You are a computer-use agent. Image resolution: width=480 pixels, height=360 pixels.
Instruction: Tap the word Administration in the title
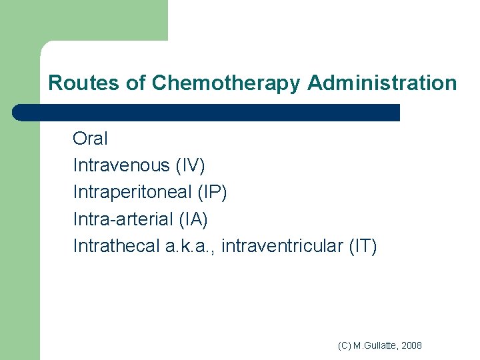382,83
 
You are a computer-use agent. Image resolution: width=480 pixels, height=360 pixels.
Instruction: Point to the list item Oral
90,139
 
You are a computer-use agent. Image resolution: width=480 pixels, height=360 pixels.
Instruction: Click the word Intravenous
121,165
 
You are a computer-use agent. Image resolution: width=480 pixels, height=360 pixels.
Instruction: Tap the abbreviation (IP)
213,192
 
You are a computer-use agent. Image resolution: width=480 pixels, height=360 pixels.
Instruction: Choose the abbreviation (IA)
194,219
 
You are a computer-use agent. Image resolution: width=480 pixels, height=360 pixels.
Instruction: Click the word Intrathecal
116,247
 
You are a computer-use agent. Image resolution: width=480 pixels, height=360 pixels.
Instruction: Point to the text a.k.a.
189,247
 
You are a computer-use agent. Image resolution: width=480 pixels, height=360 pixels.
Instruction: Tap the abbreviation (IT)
363,247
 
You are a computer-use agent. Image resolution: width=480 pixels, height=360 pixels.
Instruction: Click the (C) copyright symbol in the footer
345,345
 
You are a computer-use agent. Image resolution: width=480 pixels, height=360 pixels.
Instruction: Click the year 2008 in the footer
412,345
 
